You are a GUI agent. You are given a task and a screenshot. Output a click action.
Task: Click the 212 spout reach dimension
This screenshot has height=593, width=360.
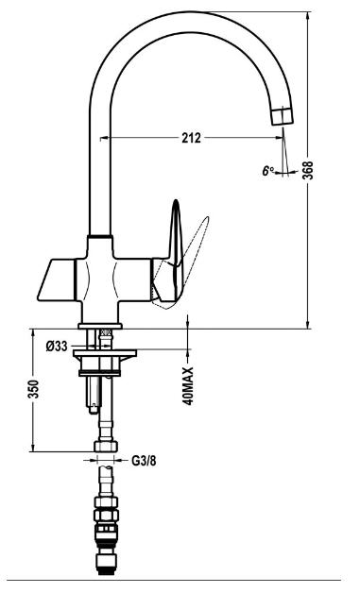click(191, 138)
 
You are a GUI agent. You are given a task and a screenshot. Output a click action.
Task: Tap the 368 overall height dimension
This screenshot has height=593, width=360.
click(309, 170)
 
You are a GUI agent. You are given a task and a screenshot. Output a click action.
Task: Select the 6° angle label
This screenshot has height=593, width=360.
click(268, 171)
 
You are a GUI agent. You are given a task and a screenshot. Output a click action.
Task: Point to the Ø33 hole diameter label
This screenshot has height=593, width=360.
click(57, 346)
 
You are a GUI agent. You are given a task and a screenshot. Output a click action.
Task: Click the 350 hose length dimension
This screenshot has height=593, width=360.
click(33, 389)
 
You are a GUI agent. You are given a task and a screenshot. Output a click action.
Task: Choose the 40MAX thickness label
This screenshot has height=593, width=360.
click(188, 386)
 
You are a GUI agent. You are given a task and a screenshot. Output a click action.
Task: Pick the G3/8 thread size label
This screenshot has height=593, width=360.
click(144, 461)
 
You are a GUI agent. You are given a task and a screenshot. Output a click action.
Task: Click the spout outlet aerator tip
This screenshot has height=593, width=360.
click(283, 115)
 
